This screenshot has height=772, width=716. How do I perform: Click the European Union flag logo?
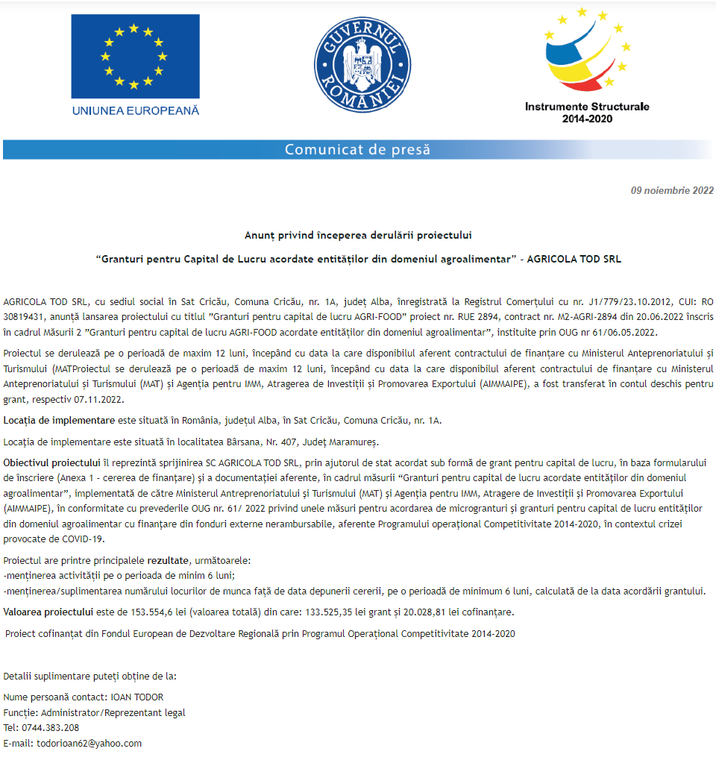pos(135,56)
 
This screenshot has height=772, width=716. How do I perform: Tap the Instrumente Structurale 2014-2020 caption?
pos(587,112)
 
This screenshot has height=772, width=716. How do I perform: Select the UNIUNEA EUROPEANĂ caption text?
pos(136,110)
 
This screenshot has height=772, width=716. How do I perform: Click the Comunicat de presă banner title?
pos(357,149)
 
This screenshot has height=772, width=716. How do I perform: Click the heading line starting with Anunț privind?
pos(358,235)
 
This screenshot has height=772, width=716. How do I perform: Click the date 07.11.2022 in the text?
pos(101,398)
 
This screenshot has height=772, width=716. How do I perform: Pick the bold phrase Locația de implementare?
pos(59,420)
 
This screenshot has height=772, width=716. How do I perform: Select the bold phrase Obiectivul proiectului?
pos(51,462)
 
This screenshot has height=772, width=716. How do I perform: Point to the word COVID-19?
pos(84,539)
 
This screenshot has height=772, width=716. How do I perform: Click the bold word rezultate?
pos(168,559)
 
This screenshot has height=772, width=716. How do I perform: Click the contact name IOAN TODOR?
pos(137,697)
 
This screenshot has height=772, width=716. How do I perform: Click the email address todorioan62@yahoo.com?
pos(89,743)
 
